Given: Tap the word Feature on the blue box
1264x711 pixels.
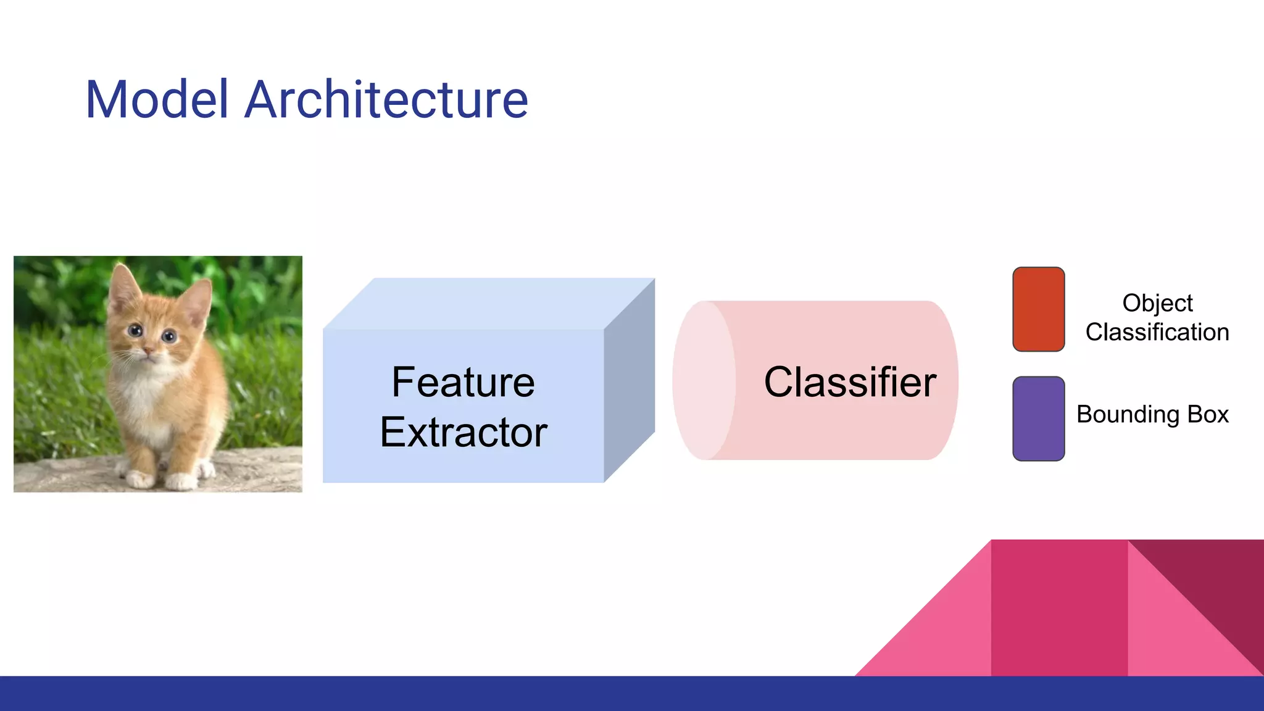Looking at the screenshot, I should pos(463,382).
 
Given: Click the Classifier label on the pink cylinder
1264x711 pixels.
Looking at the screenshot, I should pos(850,382).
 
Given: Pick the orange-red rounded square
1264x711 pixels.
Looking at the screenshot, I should pos(1038,309).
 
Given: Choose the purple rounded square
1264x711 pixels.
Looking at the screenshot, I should pos(1038,418).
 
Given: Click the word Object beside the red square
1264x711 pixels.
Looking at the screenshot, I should pos(1157,303).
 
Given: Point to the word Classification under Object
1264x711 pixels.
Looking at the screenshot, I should pos(1157,332).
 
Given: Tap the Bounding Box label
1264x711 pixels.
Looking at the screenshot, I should pos(1152,414).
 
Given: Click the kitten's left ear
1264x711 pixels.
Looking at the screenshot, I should pos(124,285).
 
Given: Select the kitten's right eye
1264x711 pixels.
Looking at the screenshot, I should pos(169,336).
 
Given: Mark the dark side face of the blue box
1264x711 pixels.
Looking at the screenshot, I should pos(629,380).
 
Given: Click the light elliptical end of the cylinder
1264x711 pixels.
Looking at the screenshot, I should pos(704,380).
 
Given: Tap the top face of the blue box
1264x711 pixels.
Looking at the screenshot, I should pos(488,304).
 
